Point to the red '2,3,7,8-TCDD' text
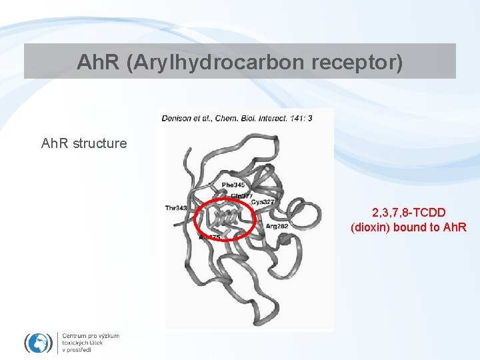(x=409, y=213)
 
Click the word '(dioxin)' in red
(x=371, y=227)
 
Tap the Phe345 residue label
(x=233, y=185)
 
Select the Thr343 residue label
(x=177, y=209)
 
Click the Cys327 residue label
(x=263, y=201)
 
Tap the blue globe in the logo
(x=38, y=343)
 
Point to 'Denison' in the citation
(x=176, y=119)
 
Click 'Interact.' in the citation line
(x=267, y=119)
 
